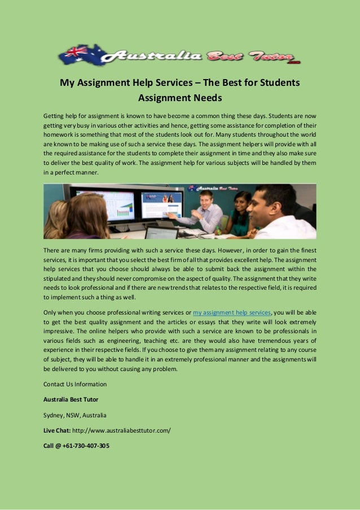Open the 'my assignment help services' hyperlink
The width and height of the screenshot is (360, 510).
(232, 312)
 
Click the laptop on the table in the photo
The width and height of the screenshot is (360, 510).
(161, 232)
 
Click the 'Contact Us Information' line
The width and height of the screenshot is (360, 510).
(75, 385)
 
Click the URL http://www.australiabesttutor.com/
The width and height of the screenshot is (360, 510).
(121, 430)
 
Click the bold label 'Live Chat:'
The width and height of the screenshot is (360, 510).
(57, 430)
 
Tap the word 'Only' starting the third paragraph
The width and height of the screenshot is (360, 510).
(51, 312)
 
